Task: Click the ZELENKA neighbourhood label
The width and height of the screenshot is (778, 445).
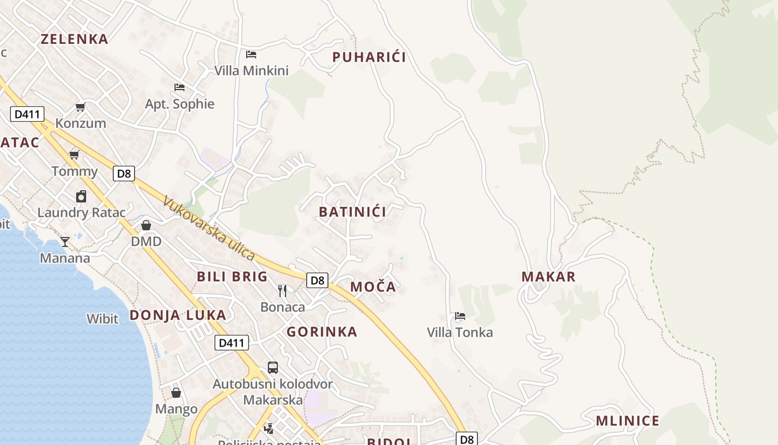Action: point(74,39)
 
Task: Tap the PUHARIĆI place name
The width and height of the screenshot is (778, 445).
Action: point(369,57)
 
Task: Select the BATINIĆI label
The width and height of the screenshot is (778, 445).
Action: point(352,212)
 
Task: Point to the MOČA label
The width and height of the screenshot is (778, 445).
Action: point(373,287)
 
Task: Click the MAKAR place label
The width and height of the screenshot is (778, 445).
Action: point(548,276)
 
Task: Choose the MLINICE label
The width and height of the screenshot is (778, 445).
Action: point(627,421)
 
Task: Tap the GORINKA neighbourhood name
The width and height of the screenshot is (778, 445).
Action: point(322,332)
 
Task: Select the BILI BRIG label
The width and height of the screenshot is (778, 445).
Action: point(232,276)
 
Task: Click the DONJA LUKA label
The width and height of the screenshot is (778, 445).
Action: point(178,315)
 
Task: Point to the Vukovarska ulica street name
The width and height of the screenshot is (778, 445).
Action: point(209,229)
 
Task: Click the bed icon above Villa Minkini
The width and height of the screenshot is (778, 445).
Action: point(251,55)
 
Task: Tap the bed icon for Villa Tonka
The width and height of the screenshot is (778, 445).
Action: point(460,317)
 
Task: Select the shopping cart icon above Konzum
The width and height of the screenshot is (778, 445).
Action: point(81,107)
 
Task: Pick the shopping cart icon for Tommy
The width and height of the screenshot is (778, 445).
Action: point(74,155)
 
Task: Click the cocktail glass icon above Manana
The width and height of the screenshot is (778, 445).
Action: point(65,241)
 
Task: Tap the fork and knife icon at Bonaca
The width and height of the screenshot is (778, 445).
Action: point(282,290)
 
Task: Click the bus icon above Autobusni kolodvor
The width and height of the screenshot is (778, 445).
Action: point(273,368)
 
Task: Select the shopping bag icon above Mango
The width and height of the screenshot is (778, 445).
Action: point(176,393)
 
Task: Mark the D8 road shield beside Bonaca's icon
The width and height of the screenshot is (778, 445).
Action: point(317,280)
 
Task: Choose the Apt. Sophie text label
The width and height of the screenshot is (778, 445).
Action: point(179,104)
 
